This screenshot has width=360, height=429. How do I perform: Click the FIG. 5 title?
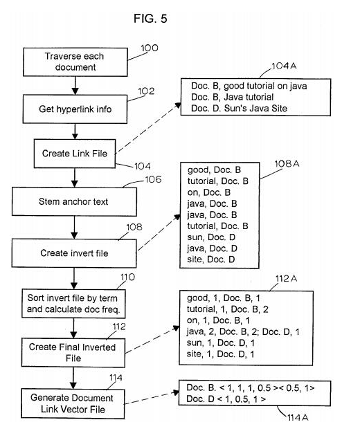(x=150, y=19)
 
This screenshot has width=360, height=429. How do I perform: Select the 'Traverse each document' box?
(x=75, y=62)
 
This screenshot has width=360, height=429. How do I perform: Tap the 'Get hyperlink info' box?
(x=75, y=109)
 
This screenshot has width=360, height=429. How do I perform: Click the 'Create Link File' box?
(x=75, y=154)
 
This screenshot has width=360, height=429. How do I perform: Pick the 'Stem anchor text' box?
(x=74, y=201)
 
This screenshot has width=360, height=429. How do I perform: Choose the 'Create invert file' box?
(x=74, y=253)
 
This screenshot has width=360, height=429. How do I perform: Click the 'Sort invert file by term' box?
(x=73, y=304)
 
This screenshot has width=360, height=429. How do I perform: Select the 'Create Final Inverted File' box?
(x=73, y=353)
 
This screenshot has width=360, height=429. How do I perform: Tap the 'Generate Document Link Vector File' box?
(x=73, y=403)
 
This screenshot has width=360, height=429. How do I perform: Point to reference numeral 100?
(x=150, y=48)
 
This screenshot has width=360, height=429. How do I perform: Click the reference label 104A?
(x=284, y=66)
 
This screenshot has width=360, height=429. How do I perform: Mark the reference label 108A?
(x=287, y=163)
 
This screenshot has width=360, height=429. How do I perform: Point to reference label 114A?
(x=298, y=417)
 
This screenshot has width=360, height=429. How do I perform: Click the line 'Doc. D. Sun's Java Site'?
(x=239, y=109)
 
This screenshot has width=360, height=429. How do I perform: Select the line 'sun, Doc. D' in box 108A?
(x=211, y=237)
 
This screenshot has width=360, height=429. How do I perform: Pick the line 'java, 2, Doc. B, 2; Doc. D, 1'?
(x=243, y=331)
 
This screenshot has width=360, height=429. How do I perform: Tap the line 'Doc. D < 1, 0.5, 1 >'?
(x=226, y=399)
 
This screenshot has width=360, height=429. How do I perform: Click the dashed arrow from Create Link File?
(x=148, y=128)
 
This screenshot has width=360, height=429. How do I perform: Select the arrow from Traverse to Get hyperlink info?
(x=75, y=85)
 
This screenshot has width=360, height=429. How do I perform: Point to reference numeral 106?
(x=153, y=179)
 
